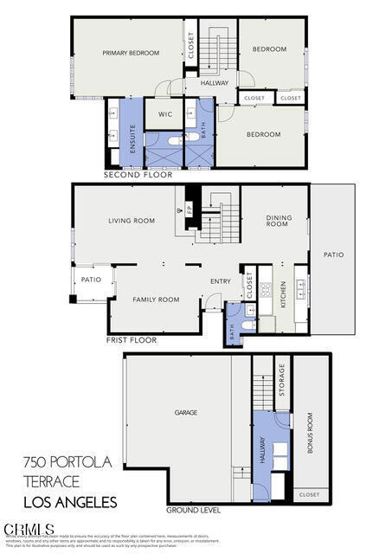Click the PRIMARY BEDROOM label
(x=131, y=53)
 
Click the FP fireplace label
(x=190, y=209)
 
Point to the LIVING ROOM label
(x=132, y=221)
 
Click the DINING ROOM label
(x=277, y=221)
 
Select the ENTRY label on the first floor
(x=221, y=281)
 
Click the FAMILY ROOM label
(x=156, y=300)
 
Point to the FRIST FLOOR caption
(x=132, y=340)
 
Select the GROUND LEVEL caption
(x=193, y=510)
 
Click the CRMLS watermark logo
(x=29, y=529)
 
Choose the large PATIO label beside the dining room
(x=333, y=254)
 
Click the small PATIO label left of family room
(x=91, y=280)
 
